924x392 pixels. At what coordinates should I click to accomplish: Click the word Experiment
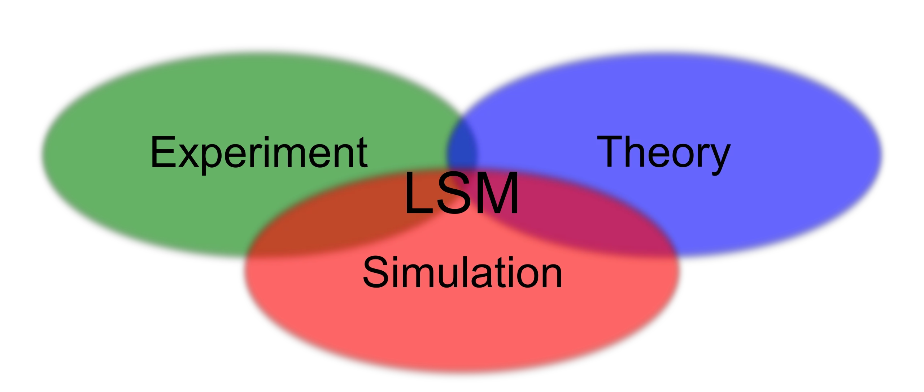pos(259,153)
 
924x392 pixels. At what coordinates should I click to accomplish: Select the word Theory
pos(663,153)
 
